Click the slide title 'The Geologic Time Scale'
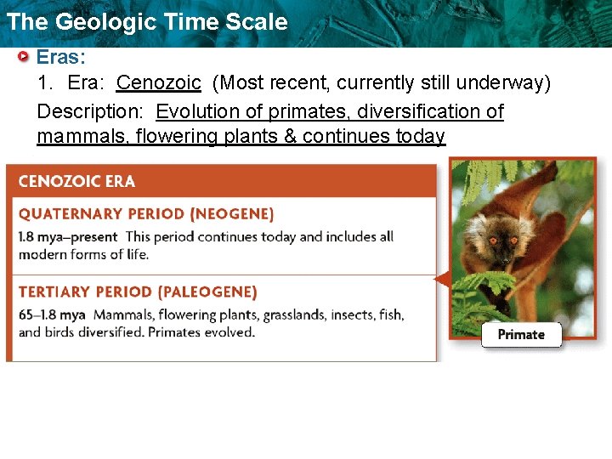[147, 22]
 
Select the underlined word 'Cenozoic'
[159, 83]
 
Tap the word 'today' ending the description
[421, 137]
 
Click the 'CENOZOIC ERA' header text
[76, 181]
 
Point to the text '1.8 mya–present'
[68, 237]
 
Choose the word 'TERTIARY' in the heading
[54, 292]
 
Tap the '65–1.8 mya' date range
[52, 315]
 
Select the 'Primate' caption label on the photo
[521, 334]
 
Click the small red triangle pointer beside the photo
[441, 278]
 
